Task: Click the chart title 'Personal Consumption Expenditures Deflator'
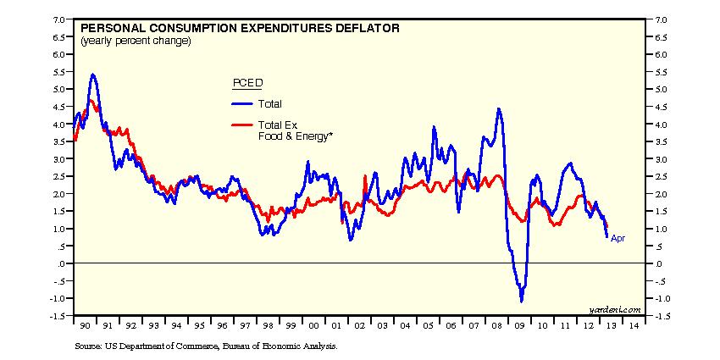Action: [x=240, y=28]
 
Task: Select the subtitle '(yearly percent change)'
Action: [x=136, y=40]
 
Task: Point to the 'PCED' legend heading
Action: [x=247, y=83]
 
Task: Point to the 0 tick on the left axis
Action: [x=64, y=263]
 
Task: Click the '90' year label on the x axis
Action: [x=86, y=325]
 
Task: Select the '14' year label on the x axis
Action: [x=632, y=325]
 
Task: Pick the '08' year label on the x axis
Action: [x=495, y=325]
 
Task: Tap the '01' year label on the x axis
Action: [x=336, y=325]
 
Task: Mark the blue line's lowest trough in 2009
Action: [x=522, y=302]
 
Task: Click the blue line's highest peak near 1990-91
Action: [x=92, y=75]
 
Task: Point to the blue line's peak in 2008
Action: [x=499, y=108]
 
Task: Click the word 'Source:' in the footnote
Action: [x=88, y=346]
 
